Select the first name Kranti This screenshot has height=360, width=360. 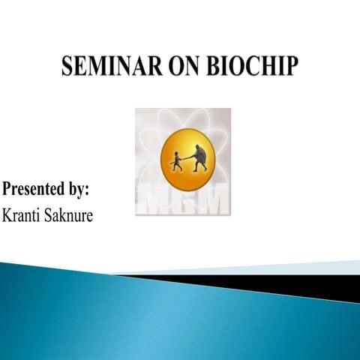(x=23, y=214)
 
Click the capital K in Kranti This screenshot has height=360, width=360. (x=8, y=214)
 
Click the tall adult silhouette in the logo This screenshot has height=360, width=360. (x=199, y=155)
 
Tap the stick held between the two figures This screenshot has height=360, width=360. (x=187, y=160)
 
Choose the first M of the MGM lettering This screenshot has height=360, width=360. (x=154, y=200)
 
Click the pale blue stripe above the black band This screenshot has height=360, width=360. (x=300, y=267)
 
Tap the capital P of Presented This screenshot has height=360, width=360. (x=8, y=187)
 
